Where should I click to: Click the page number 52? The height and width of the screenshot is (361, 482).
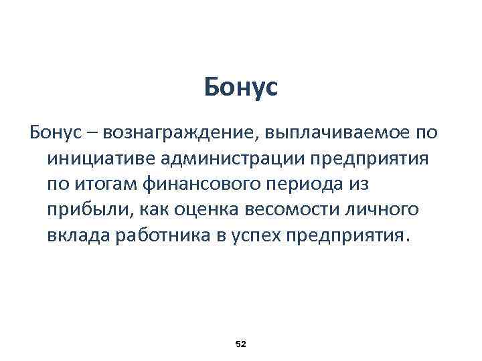pos(241,344)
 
